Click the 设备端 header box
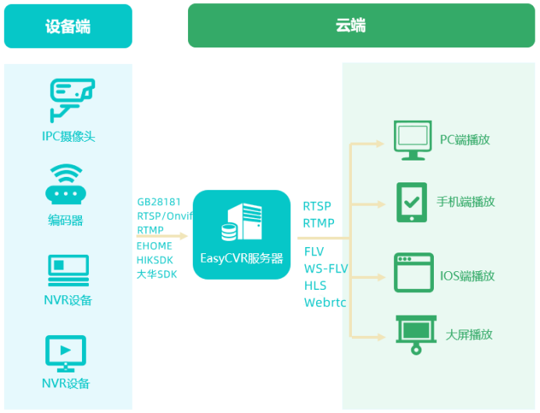(68, 26)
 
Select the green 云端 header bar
(350, 26)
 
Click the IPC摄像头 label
(69, 136)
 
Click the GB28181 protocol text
(159, 202)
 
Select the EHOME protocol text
(155, 245)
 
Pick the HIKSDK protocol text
(155, 259)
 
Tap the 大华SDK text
(158, 274)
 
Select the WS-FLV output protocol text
(325, 269)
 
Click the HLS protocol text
(315, 286)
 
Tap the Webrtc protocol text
(324, 302)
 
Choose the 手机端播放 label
(466, 202)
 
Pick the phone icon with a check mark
(410, 202)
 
